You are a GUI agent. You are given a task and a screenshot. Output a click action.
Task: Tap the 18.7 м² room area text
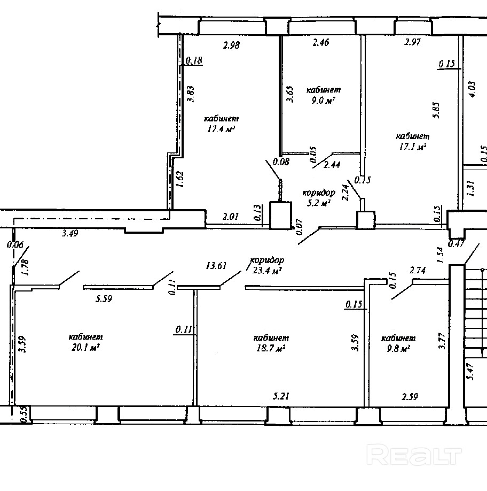(271, 348)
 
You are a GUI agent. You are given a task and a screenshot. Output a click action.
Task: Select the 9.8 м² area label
(398, 349)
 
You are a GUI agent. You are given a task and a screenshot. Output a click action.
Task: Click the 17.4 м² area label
(221, 129)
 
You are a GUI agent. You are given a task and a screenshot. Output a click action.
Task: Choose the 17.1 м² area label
(413, 147)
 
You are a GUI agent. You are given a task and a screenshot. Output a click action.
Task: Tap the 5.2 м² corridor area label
(319, 203)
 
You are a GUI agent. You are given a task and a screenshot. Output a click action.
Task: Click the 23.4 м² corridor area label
(267, 270)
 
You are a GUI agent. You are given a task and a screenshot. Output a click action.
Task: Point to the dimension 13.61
(216, 266)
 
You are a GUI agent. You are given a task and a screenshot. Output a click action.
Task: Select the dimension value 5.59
(104, 299)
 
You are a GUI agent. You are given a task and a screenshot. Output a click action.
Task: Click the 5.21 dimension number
(281, 396)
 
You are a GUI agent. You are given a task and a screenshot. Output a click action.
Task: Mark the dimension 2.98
(231, 45)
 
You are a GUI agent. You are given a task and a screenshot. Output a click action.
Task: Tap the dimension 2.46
(321, 42)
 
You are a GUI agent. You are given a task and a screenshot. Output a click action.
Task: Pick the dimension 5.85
(436, 110)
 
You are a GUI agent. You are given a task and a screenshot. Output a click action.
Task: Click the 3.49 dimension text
(70, 233)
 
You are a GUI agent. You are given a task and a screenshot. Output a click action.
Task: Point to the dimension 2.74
(418, 270)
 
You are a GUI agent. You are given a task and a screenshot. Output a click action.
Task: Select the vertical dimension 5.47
(472, 372)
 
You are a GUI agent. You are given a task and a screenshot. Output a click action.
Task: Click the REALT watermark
(414, 455)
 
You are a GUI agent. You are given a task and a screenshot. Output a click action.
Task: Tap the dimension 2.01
(231, 217)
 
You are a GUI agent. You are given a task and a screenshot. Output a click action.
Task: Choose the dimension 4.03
(472, 89)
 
